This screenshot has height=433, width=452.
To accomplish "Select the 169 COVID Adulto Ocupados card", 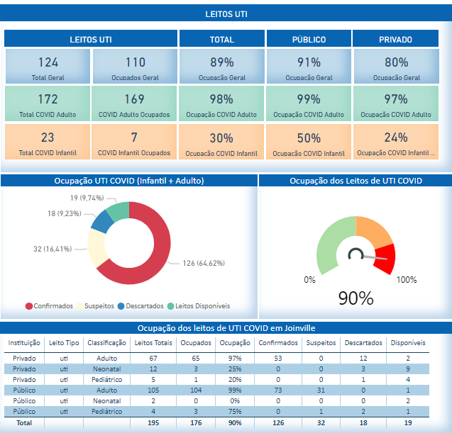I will point(134,104).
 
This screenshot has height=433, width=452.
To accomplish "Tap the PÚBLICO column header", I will point(309,40).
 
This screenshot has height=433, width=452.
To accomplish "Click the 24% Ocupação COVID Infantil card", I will point(396,142).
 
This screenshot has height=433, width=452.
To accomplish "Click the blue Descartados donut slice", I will point(101,221).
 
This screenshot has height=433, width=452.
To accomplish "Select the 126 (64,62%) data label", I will point(204,264).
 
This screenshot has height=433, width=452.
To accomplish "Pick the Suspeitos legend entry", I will point(97,306).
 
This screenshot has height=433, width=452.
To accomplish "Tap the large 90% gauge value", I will point(355,298).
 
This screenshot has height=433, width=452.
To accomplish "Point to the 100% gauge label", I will point(406,280).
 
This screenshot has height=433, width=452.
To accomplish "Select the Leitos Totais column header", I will point(153,343).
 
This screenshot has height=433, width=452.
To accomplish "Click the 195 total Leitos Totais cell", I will point(153,422).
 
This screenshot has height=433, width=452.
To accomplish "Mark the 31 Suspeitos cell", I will point(321,390).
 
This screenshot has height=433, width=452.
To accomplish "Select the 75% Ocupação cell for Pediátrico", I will point(235,411).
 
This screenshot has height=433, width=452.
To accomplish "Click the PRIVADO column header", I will point(396,40).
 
